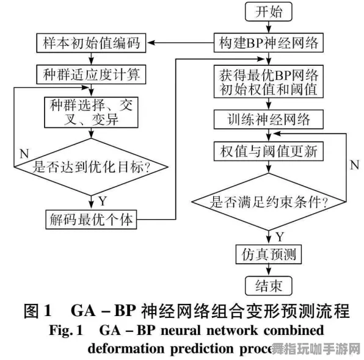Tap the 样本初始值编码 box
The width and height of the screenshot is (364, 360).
coord(92,44)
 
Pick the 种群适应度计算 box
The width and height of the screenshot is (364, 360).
coord(92,76)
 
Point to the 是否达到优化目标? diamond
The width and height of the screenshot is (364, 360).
coord(92,166)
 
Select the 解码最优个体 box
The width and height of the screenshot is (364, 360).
coord(92,219)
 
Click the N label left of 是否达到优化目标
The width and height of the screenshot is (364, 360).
coord(24,153)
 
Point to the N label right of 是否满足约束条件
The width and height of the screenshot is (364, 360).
coord(354,165)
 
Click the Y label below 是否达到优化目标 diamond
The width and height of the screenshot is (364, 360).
coord(102,200)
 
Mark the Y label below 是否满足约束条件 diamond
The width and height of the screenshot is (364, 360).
coord(279,236)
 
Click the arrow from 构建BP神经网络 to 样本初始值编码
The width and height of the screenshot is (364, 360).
coord(183,43)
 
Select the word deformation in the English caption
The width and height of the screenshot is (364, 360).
coord(126,348)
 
